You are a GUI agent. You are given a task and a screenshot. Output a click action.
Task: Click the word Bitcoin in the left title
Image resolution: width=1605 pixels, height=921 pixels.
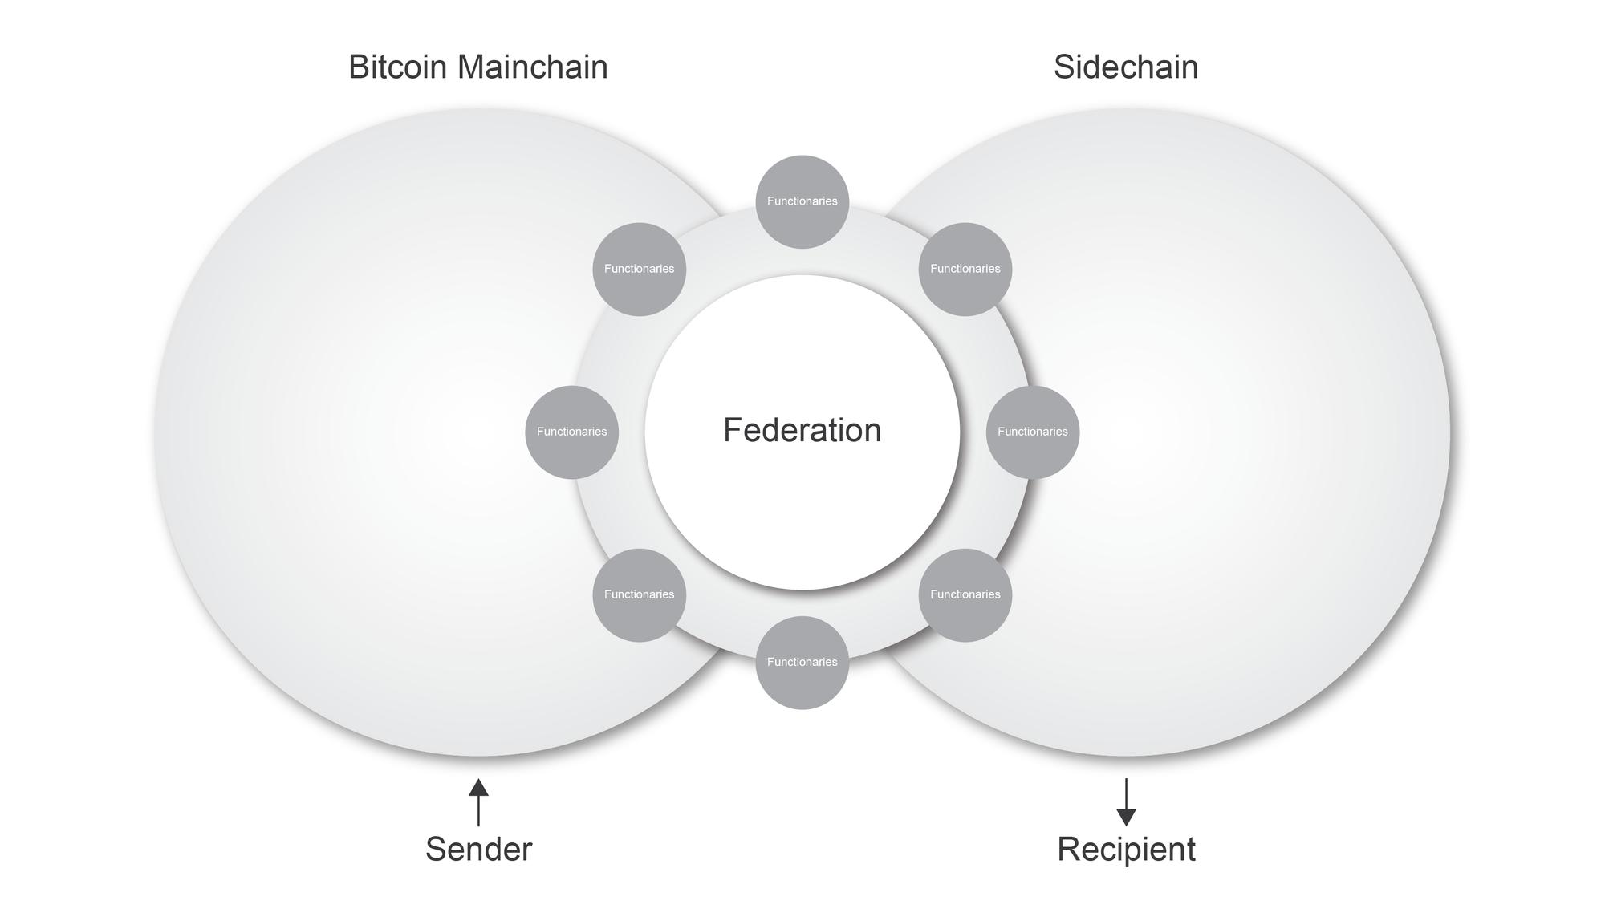(x=398, y=67)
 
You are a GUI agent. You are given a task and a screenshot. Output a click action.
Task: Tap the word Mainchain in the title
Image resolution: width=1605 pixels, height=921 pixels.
(x=532, y=67)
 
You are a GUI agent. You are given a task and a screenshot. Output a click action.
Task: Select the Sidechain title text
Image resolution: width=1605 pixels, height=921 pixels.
(x=1125, y=67)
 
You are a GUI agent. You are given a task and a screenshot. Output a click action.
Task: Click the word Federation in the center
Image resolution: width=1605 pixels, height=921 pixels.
(x=802, y=431)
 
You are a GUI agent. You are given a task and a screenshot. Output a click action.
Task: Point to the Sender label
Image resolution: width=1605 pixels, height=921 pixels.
(x=478, y=850)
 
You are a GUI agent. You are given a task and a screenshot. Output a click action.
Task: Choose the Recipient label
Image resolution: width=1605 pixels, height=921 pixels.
(x=1126, y=850)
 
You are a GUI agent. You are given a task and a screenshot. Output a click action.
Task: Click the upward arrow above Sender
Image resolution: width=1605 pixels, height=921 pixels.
(x=478, y=802)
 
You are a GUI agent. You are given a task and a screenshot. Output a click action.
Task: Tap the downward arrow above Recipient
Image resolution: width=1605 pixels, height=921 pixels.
(x=1126, y=802)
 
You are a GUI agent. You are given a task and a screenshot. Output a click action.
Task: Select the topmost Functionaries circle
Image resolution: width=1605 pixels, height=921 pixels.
(x=802, y=201)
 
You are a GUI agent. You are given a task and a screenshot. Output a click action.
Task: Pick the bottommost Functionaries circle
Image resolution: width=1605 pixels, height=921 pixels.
(x=802, y=663)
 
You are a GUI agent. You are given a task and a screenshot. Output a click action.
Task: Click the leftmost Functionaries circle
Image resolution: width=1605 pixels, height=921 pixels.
(x=571, y=432)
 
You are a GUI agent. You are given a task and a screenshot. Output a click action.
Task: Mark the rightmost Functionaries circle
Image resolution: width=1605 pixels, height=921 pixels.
(x=1032, y=432)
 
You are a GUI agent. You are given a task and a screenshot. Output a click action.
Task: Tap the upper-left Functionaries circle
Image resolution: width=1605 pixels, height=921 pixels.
(x=639, y=270)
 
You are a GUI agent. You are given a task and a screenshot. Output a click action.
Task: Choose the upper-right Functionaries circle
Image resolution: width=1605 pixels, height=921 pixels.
(x=965, y=270)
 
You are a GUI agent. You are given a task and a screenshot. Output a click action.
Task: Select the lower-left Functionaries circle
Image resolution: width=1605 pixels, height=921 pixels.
(x=639, y=595)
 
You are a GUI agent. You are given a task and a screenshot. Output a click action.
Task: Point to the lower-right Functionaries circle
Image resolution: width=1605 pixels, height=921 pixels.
(x=965, y=595)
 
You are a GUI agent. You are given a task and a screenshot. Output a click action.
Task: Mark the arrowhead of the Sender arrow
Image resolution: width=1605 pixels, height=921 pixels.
(x=478, y=788)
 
